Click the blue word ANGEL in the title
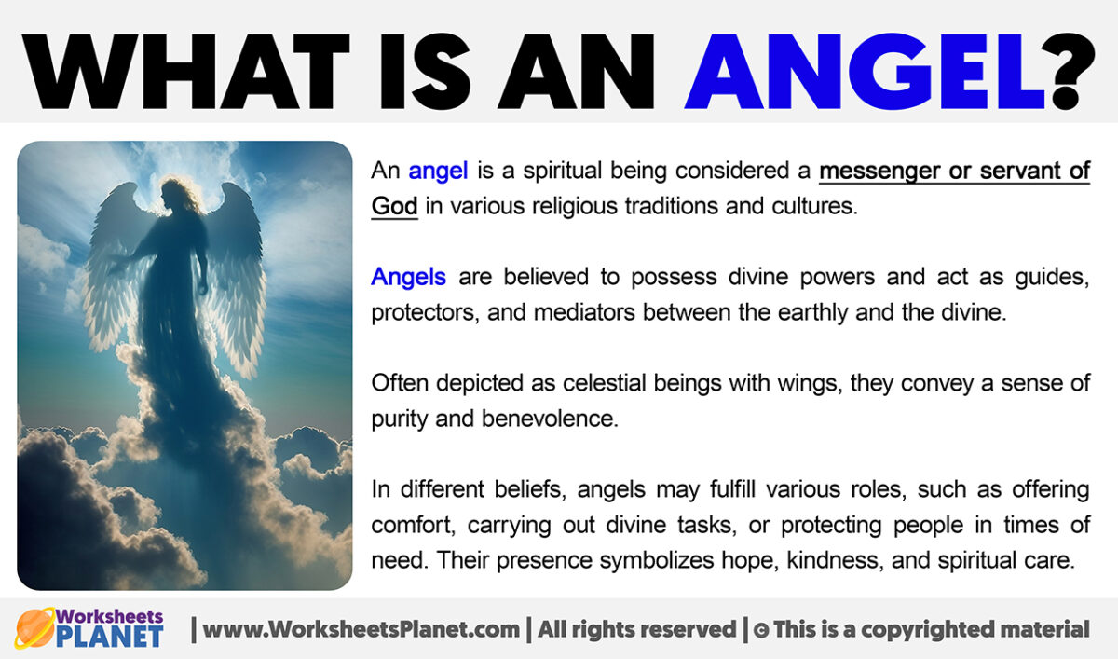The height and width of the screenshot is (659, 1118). click(863, 64)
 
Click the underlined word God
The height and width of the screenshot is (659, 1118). click(394, 206)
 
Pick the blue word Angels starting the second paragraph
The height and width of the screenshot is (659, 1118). click(408, 277)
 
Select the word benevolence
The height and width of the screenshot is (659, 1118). click(550, 419)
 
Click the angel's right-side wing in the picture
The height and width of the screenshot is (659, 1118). click(238, 270)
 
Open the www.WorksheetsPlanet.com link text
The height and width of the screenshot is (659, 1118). click(361, 629)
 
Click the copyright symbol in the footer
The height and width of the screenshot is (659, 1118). click(760, 630)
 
